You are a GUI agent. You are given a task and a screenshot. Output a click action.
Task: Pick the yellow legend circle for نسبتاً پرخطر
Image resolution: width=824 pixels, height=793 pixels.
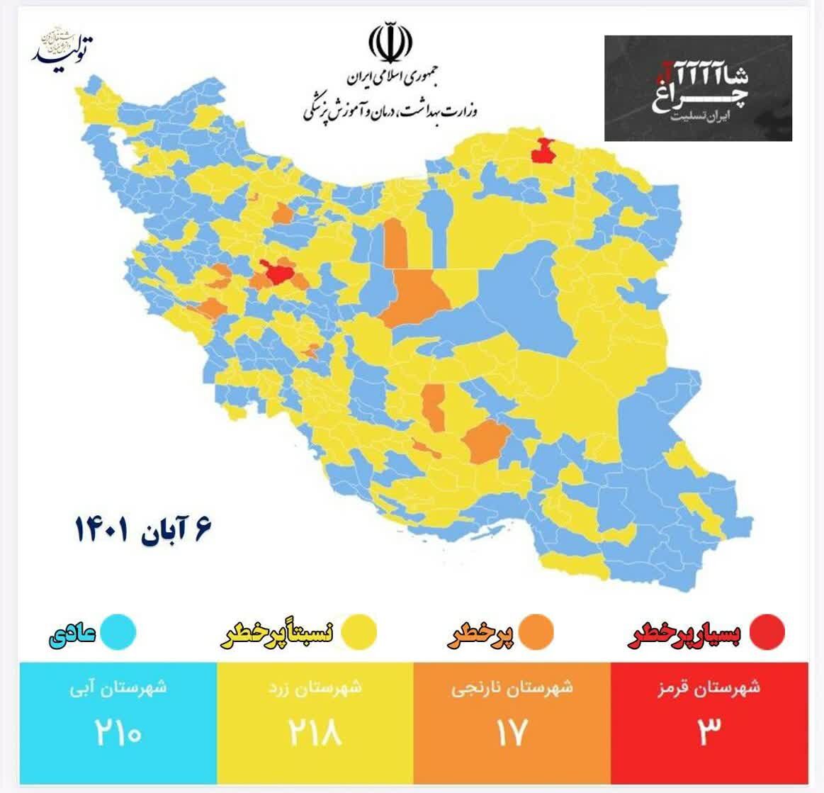click(359, 632)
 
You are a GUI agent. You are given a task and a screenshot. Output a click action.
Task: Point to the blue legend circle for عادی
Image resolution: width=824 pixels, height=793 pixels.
click(118, 632)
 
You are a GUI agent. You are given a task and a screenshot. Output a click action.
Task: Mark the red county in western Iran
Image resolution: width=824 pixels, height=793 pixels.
click(277, 271)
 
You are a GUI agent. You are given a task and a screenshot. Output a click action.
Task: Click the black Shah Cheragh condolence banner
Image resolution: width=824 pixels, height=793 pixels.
click(697, 88)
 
